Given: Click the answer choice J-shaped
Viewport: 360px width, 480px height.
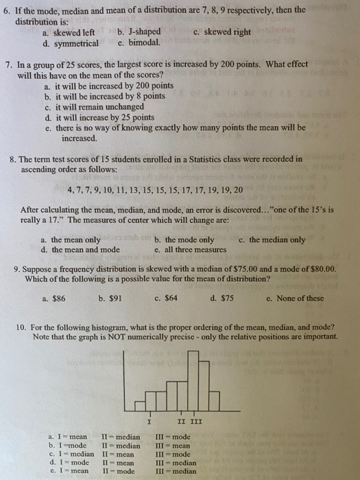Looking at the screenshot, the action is tap(143, 32).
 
